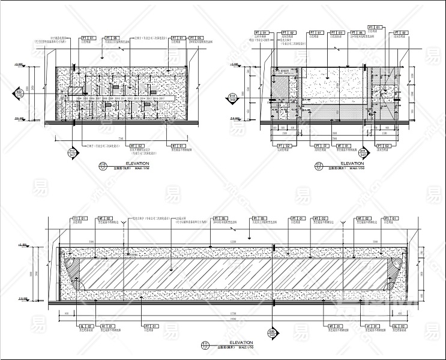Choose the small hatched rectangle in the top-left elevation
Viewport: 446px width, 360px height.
click(x=76, y=90)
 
